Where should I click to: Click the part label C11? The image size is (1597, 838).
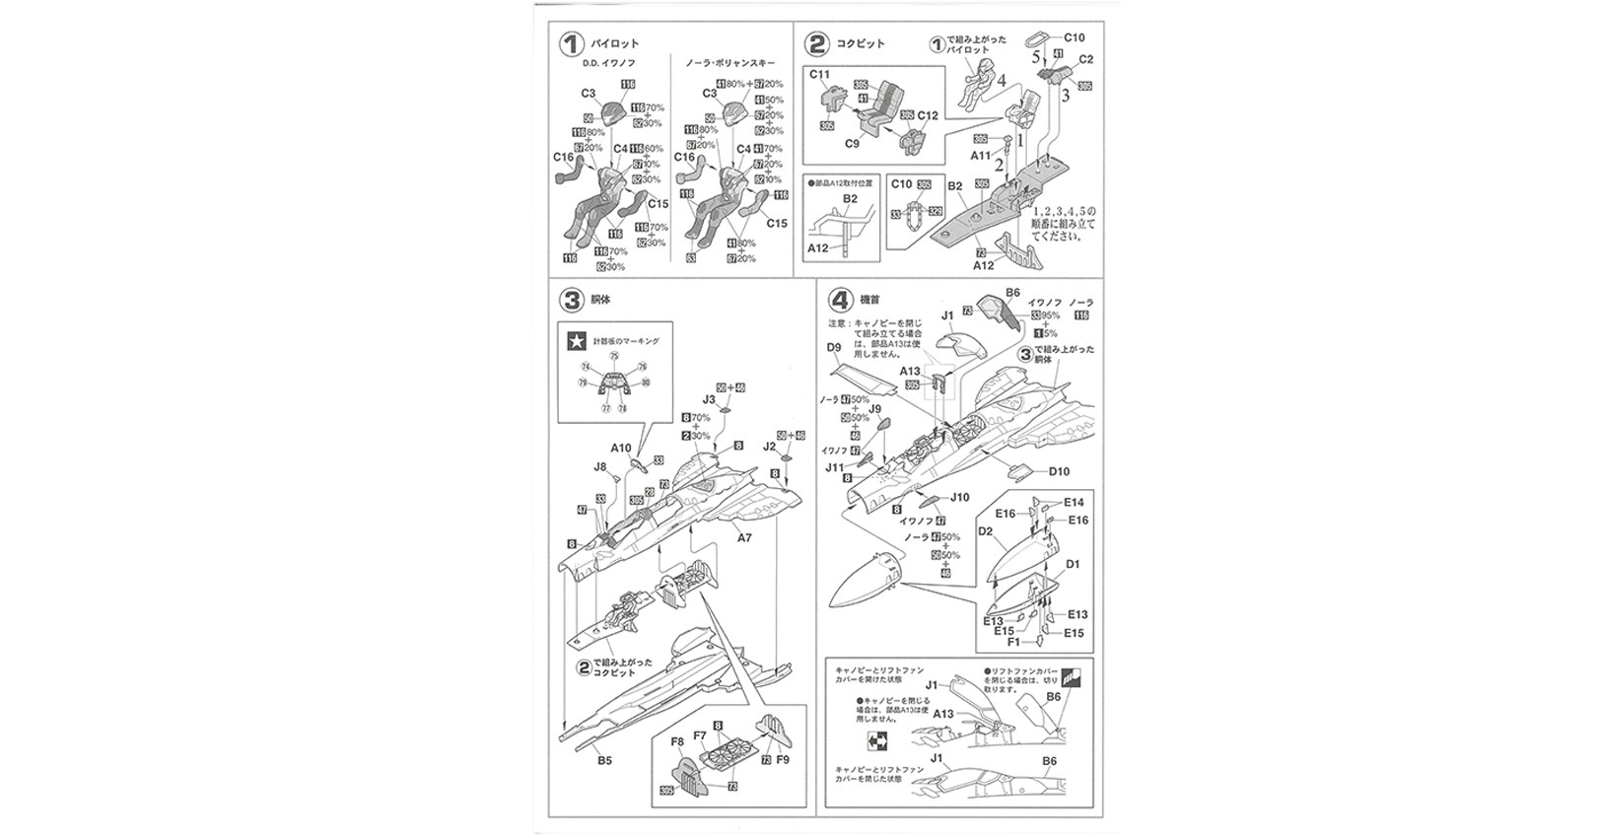(x=820, y=74)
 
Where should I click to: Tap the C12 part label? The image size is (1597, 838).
(x=928, y=116)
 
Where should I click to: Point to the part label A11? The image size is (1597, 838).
(x=981, y=156)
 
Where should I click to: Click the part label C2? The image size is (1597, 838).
(x=1086, y=59)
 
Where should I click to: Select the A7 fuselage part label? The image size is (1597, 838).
(x=744, y=538)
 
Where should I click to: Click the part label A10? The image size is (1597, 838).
(x=620, y=448)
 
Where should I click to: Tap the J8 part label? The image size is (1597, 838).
(x=600, y=466)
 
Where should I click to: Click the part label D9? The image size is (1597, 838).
(x=834, y=347)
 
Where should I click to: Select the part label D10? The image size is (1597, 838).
(x=1059, y=471)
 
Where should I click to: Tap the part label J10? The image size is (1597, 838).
(x=960, y=497)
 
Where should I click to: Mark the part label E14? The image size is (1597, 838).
(x=1074, y=503)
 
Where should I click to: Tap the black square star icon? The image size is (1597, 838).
(x=575, y=342)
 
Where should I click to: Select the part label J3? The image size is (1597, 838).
(x=709, y=399)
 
